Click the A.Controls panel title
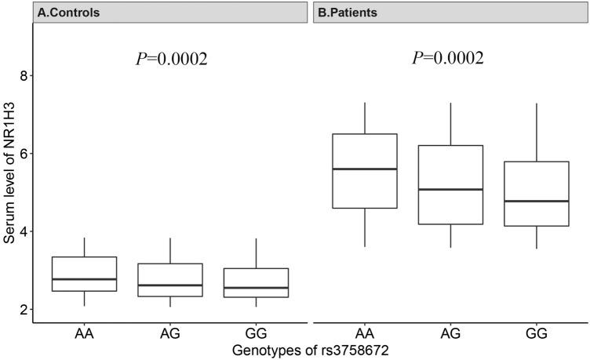[x=68, y=13]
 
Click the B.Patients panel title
[x=348, y=13]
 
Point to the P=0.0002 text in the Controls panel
[x=172, y=59]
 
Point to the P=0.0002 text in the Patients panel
[x=448, y=59]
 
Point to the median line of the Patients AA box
[x=364, y=169]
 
